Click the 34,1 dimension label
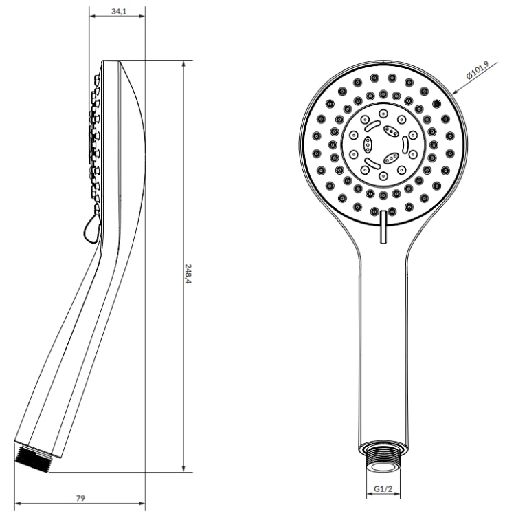click(x=119, y=11)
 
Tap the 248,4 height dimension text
click(x=188, y=274)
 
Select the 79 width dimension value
click(x=80, y=498)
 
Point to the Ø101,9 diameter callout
click(x=478, y=69)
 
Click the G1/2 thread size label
click(x=383, y=489)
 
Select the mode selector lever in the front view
click(x=383, y=227)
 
